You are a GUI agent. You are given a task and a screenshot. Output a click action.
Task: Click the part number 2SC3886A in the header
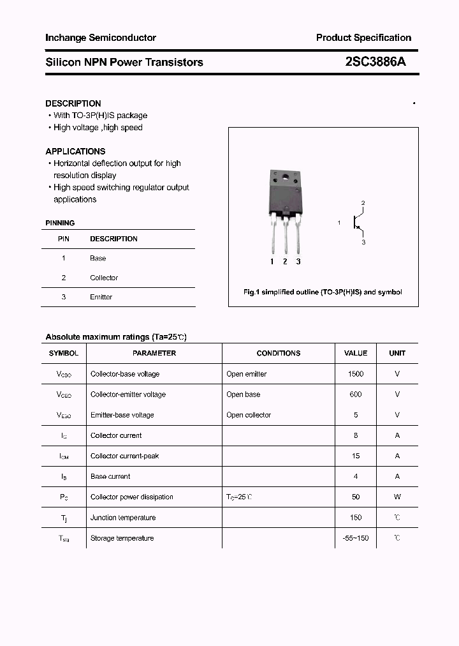coord(375,62)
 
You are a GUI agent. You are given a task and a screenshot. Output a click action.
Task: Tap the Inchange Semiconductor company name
coord(101,38)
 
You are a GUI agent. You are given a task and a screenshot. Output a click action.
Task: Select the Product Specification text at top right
coord(363,38)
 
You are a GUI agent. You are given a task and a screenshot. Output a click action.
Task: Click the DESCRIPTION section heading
coord(73,103)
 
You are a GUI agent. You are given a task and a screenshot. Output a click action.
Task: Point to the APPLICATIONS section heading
coord(75,151)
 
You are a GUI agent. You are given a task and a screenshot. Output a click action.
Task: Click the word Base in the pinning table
coord(98,259)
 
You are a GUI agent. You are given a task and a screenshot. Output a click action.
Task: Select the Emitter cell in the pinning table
coord(101,297)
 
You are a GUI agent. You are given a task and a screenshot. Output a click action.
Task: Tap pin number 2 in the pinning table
coord(64,278)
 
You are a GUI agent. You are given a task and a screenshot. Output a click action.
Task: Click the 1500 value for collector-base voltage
coord(356,374)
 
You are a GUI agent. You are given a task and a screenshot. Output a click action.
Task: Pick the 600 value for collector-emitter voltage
coord(356,394)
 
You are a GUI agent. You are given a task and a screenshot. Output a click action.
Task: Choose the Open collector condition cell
coord(249,415)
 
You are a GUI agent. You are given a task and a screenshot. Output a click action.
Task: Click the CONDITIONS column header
coord(278,353)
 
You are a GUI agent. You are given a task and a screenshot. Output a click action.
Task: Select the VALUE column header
coord(356,353)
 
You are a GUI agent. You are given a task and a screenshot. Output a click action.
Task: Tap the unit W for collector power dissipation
coord(397,497)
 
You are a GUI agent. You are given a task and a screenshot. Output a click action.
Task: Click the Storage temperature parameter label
coord(122,538)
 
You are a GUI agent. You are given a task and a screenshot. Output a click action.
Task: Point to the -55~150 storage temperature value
coord(356,538)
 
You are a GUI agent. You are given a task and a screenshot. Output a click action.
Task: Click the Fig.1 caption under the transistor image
coord(323,292)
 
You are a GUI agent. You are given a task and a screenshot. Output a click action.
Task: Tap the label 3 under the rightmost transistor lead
coord(298,262)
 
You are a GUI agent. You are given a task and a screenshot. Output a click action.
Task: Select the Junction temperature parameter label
coord(123,518)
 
